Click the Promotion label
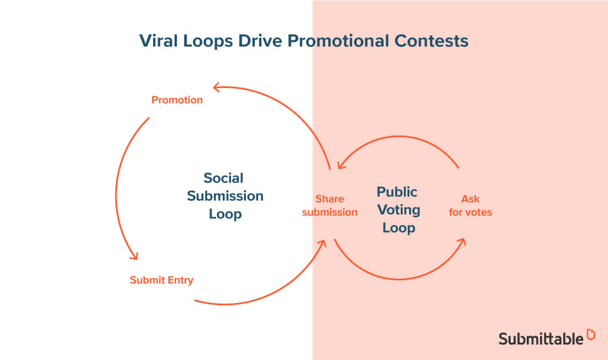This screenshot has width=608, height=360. coord(177,100)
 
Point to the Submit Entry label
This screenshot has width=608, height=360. coord(161,280)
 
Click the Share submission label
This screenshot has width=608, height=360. coord(329,205)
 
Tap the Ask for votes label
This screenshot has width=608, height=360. coord(470,205)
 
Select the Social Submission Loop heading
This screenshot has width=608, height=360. coord(225,196)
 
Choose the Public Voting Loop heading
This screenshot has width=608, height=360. coord(398,210)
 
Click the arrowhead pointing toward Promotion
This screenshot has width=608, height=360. coord(217,87)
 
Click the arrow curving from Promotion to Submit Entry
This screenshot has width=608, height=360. coord(117,188)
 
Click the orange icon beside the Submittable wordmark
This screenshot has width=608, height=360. coord(591,334)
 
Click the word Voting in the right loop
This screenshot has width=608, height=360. coord(398,210)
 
